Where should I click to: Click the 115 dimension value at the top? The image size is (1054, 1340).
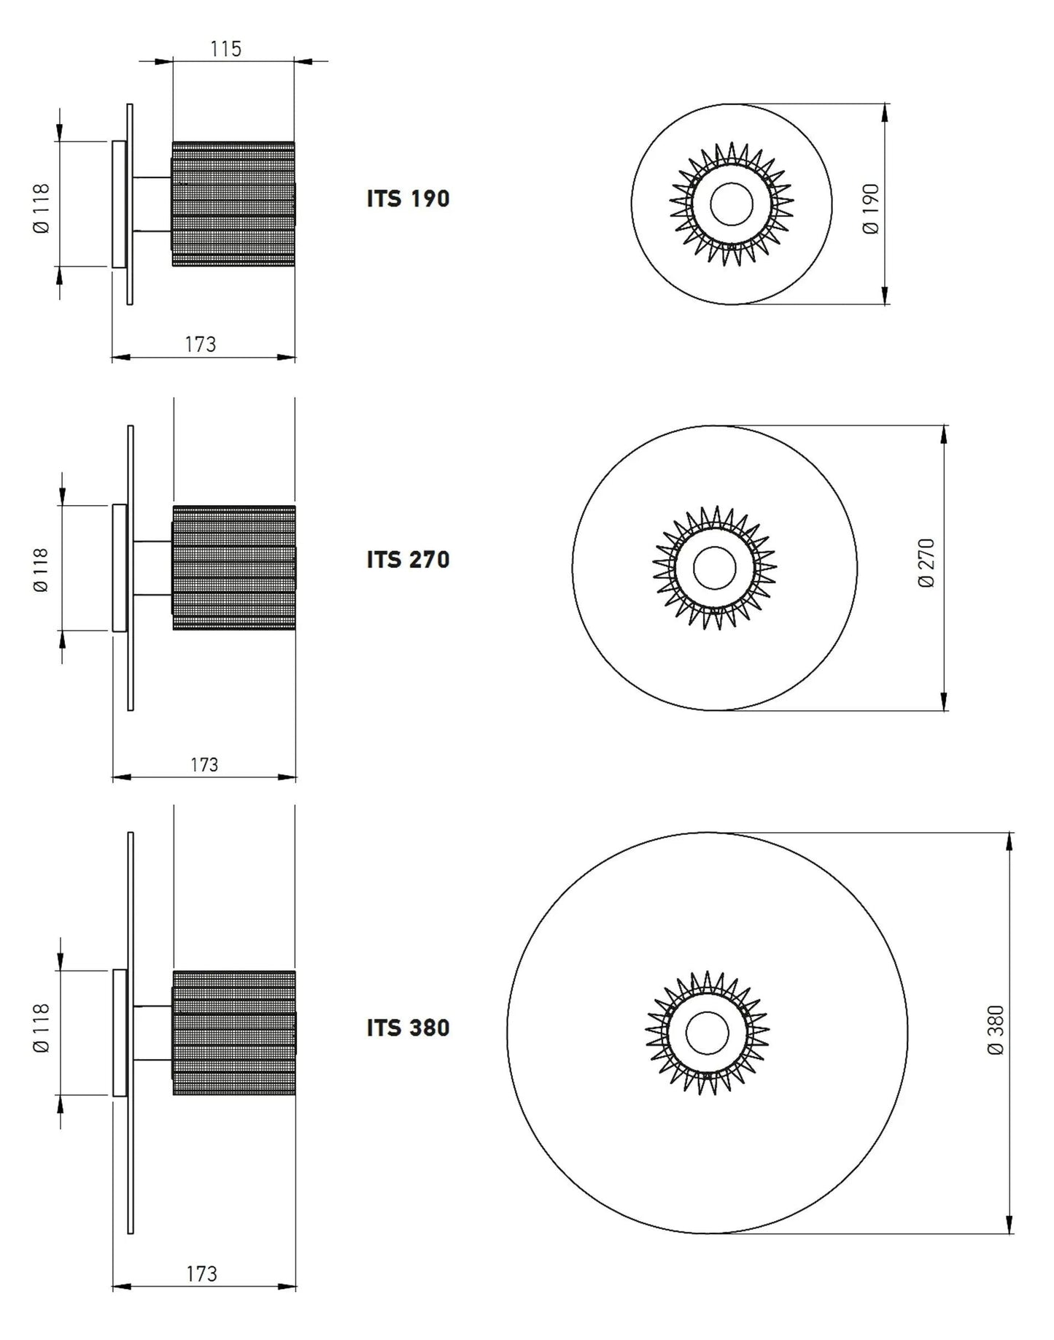click(x=225, y=49)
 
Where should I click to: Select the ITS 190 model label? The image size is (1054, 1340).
click(x=408, y=199)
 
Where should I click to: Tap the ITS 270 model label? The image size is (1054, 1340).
click(x=408, y=560)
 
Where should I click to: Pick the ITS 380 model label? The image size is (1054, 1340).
click(x=408, y=1028)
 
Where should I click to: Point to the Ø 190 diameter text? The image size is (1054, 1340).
click(x=871, y=209)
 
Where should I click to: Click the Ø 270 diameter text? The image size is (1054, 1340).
click(x=926, y=563)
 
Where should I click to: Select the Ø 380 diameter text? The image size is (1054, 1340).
click(x=996, y=1030)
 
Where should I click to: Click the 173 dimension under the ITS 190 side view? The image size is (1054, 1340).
click(x=201, y=344)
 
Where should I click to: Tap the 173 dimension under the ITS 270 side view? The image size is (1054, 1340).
click(x=204, y=765)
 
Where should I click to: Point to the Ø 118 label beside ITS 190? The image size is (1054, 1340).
click(x=42, y=208)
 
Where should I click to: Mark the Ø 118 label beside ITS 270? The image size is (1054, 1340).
click(x=42, y=570)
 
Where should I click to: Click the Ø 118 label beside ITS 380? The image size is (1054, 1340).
click(x=42, y=1028)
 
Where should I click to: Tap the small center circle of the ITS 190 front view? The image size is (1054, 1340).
click(x=732, y=204)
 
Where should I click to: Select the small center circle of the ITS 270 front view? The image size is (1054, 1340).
click(x=715, y=568)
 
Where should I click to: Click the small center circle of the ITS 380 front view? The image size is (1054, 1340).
click(x=708, y=1033)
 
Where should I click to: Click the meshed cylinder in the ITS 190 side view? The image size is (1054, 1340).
click(x=233, y=204)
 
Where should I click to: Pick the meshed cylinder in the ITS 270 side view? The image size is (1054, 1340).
click(x=233, y=568)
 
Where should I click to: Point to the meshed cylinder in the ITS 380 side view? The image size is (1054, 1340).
click(x=233, y=1033)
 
